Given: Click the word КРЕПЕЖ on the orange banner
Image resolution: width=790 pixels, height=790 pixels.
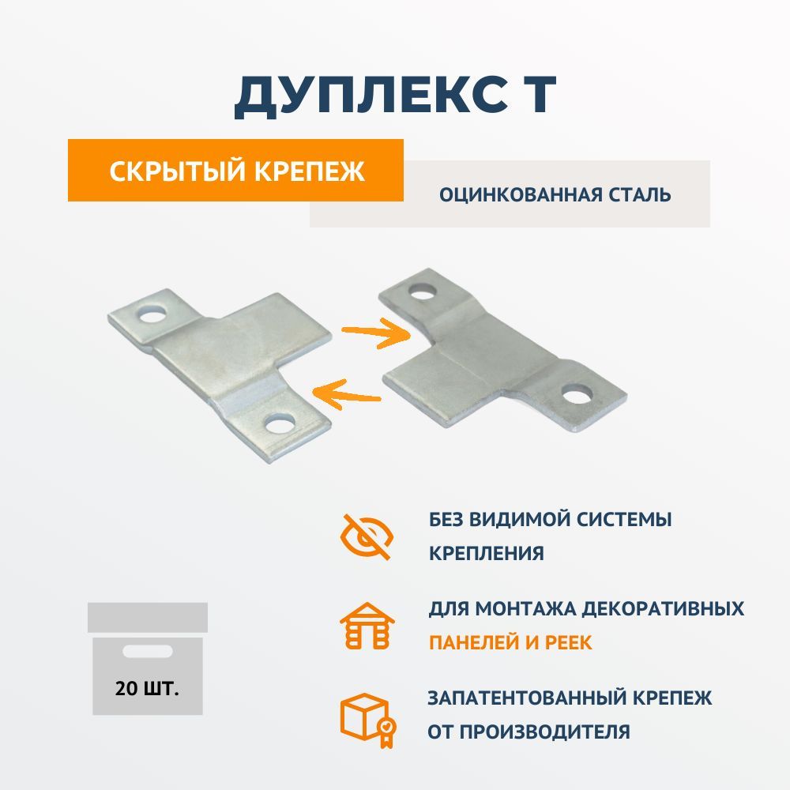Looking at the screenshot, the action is [310, 171].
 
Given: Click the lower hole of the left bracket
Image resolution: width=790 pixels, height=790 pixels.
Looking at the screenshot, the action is [279, 422].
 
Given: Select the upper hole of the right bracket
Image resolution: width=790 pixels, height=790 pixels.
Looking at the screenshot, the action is [423, 291].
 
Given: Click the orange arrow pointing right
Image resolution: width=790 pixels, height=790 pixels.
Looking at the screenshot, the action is [376, 333].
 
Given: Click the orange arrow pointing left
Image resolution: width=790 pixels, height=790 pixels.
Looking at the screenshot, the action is [346, 393].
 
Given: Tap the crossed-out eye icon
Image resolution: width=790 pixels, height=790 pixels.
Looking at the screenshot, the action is [367, 537].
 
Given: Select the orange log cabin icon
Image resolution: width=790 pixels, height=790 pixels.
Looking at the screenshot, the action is [367, 625].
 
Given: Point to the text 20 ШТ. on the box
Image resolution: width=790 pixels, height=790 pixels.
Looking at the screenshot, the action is [147, 688].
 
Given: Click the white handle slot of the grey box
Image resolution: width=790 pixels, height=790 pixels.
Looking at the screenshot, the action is [148, 652].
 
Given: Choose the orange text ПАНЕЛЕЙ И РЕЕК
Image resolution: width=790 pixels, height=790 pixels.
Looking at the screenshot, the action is [510, 642].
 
